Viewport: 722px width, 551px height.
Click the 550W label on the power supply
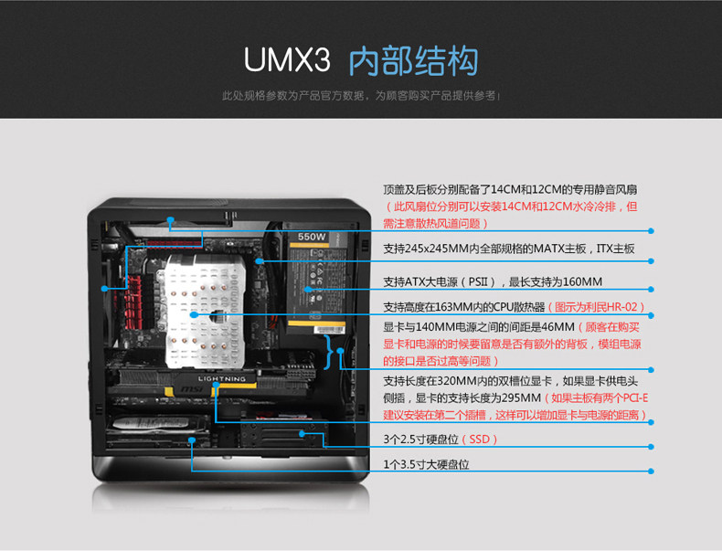pos(311,238)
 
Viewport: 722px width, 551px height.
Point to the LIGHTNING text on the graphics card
pos(222,378)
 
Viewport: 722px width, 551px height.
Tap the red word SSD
pos(481,440)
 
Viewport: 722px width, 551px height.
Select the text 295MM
pos(521,398)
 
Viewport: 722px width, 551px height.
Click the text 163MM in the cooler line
pos(458,307)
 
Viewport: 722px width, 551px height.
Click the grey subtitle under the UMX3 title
pos(361,95)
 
